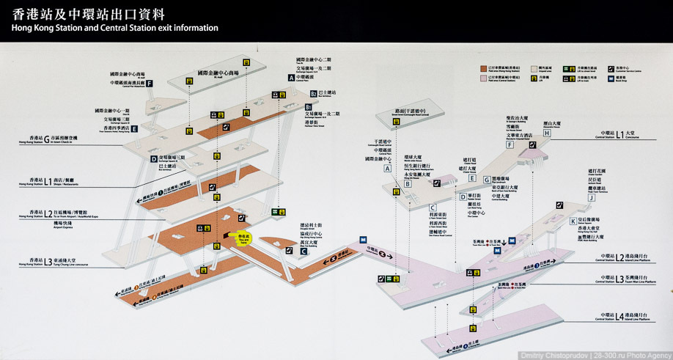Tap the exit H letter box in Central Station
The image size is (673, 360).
click(x=546, y=133)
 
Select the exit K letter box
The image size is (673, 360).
click(x=573, y=221)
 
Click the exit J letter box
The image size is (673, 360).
click(x=591, y=196)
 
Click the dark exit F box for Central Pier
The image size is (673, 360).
click(x=150, y=84)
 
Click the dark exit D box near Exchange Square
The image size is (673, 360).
click(x=154, y=158)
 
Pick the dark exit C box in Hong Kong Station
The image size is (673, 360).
click(x=303, y=251)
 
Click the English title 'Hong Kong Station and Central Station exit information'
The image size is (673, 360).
click(x=114, y=28)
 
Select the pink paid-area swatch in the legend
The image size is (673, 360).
click(x=484, y=77)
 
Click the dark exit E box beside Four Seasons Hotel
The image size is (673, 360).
click(x=134, y=128)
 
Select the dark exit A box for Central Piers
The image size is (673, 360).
click(x=291, y=76)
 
